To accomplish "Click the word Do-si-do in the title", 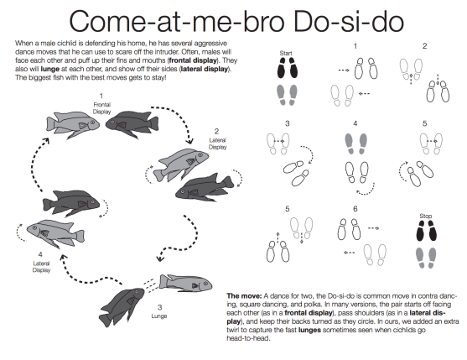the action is tap(349, 22).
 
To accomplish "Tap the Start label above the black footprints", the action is tap(286, 53).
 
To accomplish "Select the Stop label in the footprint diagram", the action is tap(425, 216).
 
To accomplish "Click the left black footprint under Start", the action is tap(282, 68).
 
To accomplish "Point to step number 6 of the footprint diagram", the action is tap(355, 209).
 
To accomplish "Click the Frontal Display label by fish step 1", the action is tap(101, 108).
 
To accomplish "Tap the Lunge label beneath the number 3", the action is tap(159, 316).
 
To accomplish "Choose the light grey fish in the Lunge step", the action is tap(185, 284).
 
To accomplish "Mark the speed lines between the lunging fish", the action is tap(150, 285).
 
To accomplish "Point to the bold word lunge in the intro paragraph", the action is tap(50, 70).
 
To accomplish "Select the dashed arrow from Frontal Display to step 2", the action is tap(176, 117).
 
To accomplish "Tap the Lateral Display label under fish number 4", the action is tap(41, 267).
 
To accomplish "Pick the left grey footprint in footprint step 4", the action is tap(350, 143).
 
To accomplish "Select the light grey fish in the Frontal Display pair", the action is tap(73, 123).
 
